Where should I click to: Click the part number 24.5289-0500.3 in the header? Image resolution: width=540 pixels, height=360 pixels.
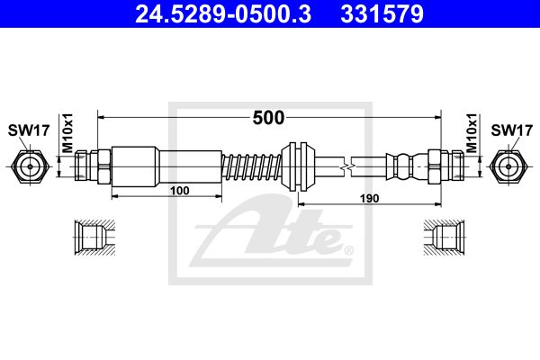223,13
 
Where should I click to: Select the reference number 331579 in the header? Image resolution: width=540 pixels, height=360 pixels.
382,13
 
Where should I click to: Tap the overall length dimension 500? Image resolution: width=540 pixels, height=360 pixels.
268,118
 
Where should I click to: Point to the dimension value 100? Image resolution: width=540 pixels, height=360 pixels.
180,191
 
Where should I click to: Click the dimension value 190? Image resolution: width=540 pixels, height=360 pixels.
369,198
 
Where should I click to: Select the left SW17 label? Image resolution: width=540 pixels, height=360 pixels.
29,130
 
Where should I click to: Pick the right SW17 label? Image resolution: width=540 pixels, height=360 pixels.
512,130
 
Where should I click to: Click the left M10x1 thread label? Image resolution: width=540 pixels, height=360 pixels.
67,132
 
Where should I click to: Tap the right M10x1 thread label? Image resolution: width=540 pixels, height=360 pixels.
472,132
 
